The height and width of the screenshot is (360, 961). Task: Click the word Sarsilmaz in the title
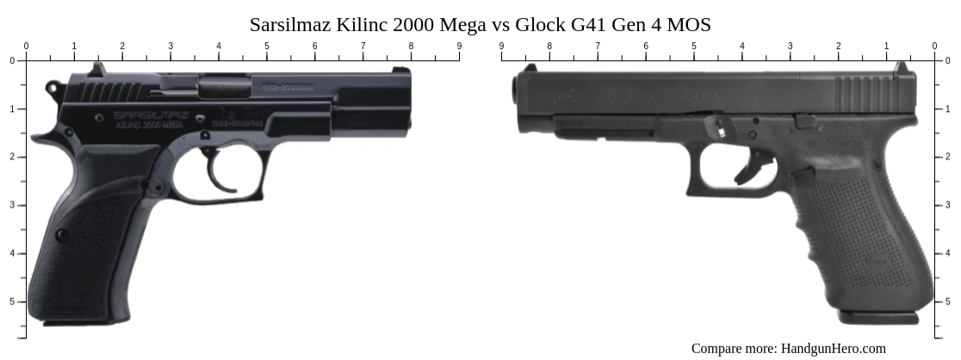coord(287,25)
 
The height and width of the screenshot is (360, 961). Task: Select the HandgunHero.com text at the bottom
coord(833,348)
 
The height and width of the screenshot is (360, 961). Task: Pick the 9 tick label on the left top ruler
coord(459,47)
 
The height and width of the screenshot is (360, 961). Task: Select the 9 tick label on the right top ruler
coord(501,47)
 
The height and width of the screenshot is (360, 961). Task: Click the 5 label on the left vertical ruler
coord(12,301)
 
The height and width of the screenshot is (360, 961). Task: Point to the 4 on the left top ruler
coord(219,47)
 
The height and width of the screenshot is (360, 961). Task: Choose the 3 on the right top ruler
coord(790,47)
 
